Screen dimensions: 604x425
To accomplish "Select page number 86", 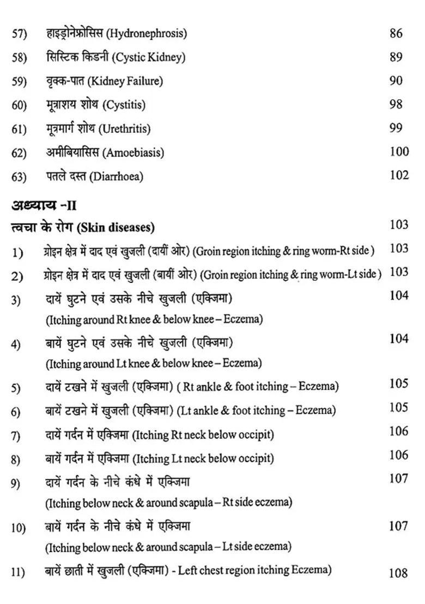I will coord(396,33).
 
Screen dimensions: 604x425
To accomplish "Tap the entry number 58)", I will coord(19,58).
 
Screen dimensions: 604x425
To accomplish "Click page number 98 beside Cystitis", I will coord(396,104).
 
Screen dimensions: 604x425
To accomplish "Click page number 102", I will coord(399,175).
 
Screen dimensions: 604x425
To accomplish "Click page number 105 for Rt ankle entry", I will coord(399,383).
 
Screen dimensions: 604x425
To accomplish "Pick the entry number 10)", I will coord(19,528).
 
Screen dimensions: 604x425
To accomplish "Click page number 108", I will coord(399,573).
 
